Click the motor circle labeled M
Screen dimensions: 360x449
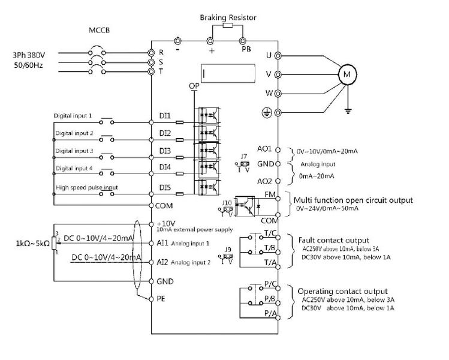pyautogui.click(x=347, y=74)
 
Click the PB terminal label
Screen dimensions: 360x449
pyautogui.click(x=246, y=50)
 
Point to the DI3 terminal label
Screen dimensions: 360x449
pyautogui.click(x=165, y=149)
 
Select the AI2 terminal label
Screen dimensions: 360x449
pyautogui.click(x=163, y=262)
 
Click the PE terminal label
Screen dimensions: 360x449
pyautogui.click(x=161, y=298)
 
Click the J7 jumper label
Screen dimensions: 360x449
pyautogui.click(x=243, y=157)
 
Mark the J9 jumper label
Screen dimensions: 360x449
pyautogui.click(x=228, y=248)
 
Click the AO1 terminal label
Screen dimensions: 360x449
pyautogui.click(x=265, y=148)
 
